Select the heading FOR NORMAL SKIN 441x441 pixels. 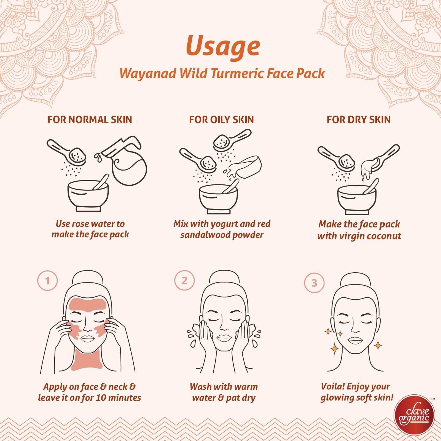90,120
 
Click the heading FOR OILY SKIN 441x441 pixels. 221,120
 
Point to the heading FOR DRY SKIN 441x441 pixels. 359,120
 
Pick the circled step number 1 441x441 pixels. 47,281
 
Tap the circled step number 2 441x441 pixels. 184,281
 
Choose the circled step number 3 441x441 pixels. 314,283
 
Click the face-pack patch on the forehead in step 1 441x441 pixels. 87,306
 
